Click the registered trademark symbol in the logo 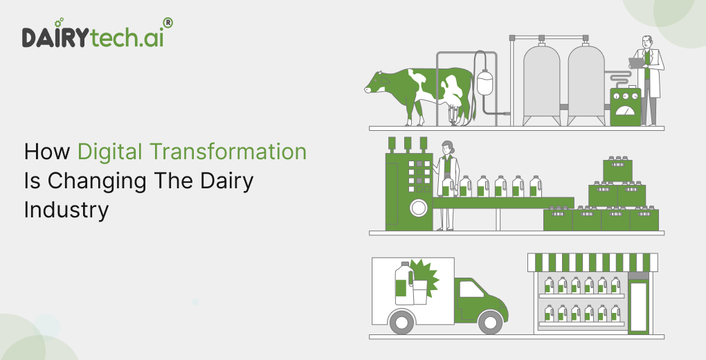coord(167,23)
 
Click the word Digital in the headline coord(110,152)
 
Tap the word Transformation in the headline coord(228,152)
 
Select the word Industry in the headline coord(66,210)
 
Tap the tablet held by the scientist coord(636,63)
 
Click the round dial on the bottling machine coord(418,208)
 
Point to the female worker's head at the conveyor coord(446,147)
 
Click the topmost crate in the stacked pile coord(617,170)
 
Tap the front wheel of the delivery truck coord(491,322)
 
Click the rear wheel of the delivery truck coord(401,322)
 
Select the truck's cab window coord(471,289)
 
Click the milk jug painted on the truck coord(404,283)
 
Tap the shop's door coord(638,307)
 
